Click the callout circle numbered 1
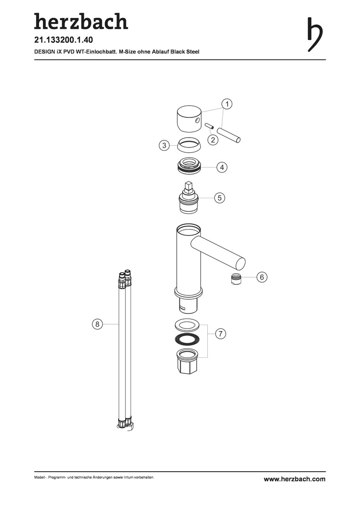[x=227, y=104]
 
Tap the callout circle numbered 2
[x=213, y=140]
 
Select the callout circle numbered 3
[x=164, y=145]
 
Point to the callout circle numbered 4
[x=222, y=167]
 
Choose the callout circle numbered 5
[x=220, y=197]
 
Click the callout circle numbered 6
[x=262, y=277]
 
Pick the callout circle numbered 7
[x=221, y=333]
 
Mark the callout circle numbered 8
[x=97, y=324]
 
